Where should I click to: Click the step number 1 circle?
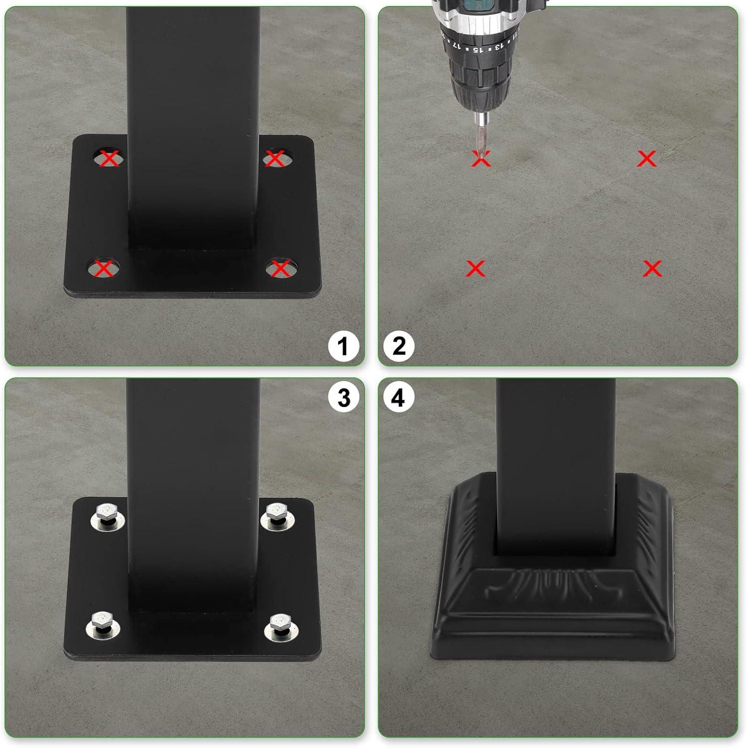(x=343, y=347)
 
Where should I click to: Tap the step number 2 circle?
(x=399, y=346)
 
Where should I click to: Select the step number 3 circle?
(x=344, y=398)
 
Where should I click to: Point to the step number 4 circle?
(x=398, y=398)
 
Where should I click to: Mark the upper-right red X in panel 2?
(x=647, y=159)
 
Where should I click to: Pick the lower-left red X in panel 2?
(x=475, y=268)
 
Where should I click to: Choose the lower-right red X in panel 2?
(x=652, y=268)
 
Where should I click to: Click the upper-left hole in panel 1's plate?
(x=109, y=159)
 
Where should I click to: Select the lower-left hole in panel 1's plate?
(x=104, y=268)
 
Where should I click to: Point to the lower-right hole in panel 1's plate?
(x=280, y=268)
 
